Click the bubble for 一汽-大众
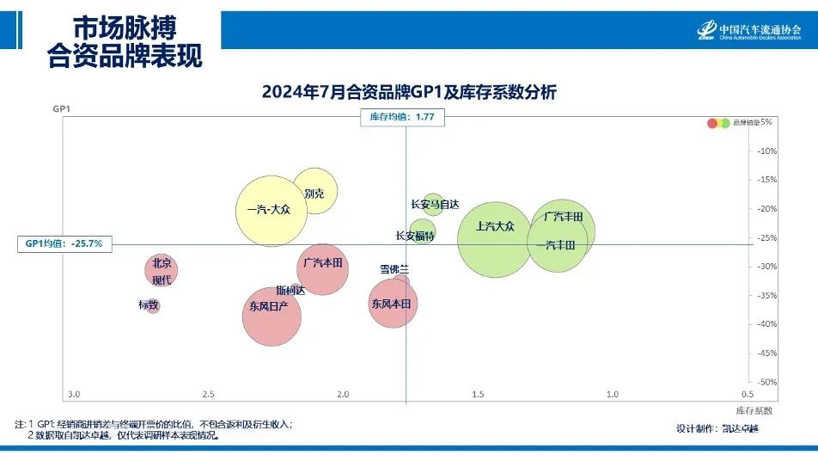270,210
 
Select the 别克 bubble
314,191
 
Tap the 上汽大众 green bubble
495,240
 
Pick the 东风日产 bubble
271,316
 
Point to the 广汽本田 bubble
322,268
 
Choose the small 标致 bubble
152,305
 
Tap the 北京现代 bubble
161,271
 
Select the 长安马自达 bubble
433,204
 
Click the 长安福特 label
415,236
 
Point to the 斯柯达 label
290,290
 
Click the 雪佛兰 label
394,269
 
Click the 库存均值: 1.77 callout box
403,118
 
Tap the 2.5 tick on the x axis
208,394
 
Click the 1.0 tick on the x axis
613,394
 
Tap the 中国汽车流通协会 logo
749,30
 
